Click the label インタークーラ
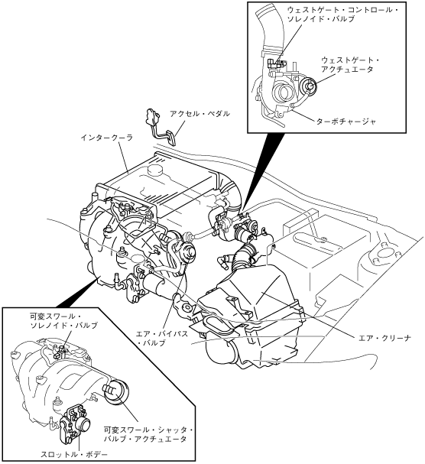click(106, 138)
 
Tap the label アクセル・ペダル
click(200, 113)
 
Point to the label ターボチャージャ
click(346, 122)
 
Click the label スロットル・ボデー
click(74, 454)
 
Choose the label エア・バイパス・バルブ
click(161, 338)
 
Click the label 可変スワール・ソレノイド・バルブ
click(63, 321)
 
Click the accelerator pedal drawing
click(160, 126)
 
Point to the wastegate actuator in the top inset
click(310, 85)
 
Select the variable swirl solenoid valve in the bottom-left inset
click(60, 351)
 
